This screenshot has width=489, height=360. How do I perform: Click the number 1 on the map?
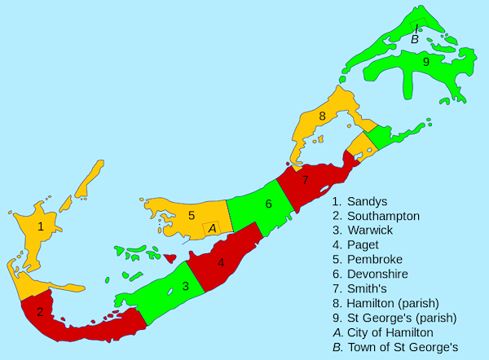40,226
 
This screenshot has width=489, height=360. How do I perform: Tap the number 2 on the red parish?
39,311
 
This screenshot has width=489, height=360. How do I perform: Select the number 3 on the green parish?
186,286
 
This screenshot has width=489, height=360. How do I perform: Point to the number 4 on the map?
221,262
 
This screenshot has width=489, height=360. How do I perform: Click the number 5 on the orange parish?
192,216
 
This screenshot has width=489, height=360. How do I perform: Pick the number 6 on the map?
268,204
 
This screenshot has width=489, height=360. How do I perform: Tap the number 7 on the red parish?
305,179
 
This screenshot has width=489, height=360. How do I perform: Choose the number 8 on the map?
323,116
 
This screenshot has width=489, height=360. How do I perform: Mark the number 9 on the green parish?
425,61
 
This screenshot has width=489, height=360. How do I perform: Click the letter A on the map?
212,229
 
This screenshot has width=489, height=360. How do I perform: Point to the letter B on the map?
414,39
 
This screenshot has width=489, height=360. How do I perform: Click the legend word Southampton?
383,216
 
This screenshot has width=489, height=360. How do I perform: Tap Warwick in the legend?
369,230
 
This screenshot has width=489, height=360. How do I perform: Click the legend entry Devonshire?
377,274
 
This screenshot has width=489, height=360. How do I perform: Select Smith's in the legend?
368,289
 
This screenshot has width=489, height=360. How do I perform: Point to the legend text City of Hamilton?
390,332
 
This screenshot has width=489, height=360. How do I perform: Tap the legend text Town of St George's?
403,347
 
